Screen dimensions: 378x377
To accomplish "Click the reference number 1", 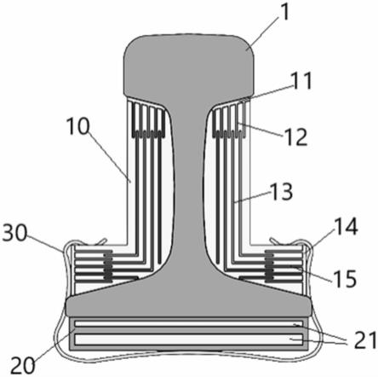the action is tap(284, 12).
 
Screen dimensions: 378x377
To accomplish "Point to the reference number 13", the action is tap(281, 191).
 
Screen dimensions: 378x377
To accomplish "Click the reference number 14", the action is tap(346, 227).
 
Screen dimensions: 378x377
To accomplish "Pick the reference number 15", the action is tap(345, 278).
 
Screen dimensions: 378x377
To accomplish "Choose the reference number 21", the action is tap(364, 340).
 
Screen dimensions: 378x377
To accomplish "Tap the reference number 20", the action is tap(23, 365).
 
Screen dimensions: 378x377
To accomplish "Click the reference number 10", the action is tap(77, 126).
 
